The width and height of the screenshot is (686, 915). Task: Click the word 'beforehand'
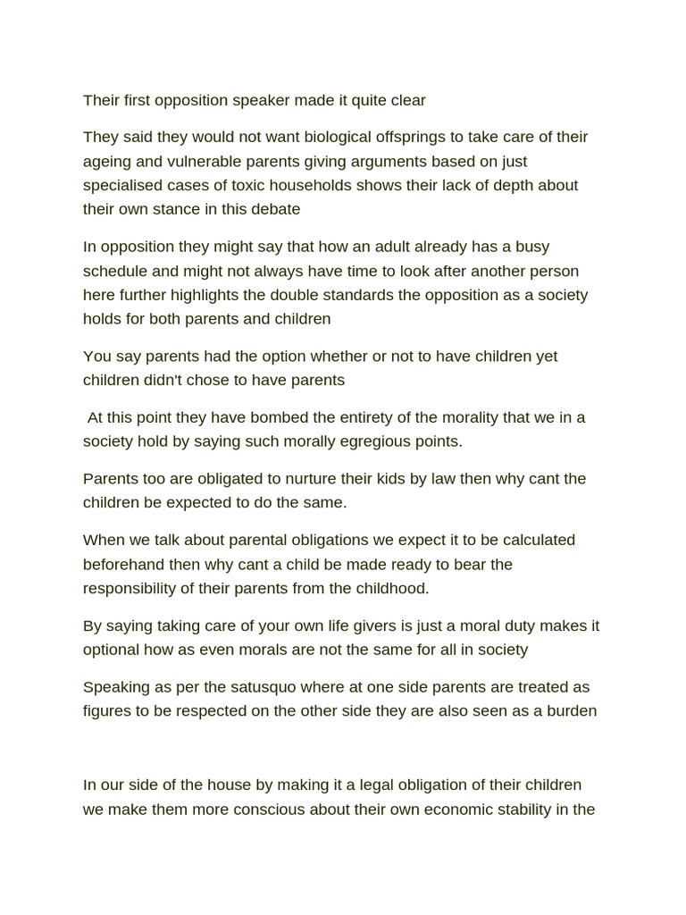click(125, 564)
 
